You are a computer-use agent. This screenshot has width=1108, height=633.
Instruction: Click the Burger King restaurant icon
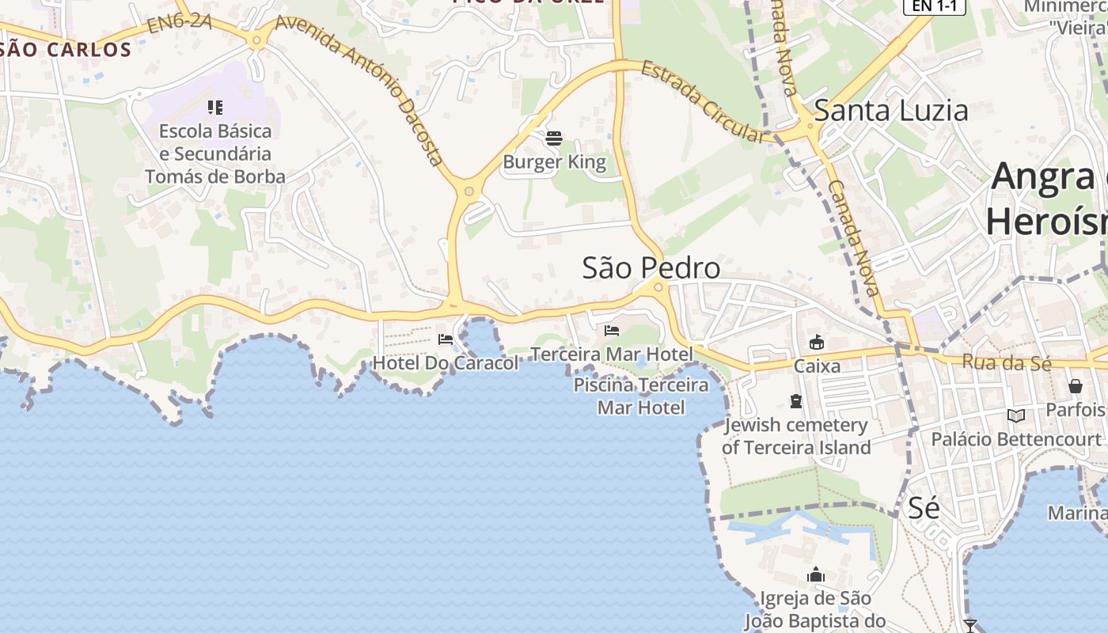(x=554, y=138)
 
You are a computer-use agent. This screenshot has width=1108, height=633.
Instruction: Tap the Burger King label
(x=554, y=162)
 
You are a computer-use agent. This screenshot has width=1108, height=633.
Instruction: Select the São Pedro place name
(x=651, y=268)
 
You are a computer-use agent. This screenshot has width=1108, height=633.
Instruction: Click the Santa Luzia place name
(x=891, y=111)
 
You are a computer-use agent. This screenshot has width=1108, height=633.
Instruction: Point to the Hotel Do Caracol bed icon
(x=446, y=339)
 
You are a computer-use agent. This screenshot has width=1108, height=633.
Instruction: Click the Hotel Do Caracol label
(x=445, y=363)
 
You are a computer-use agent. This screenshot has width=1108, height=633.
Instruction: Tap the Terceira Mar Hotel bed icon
(x=612, y=330)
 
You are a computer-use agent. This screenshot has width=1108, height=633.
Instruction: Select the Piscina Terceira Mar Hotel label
(x=641, y=396)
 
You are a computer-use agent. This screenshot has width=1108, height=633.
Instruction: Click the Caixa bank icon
(x=817, y=342)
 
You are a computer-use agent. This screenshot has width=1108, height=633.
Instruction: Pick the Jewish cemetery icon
(x=796, y=401)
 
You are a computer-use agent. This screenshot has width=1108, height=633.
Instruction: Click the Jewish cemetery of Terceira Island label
(x=796, y=436)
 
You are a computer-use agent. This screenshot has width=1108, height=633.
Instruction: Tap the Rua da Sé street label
(x=1007, y=362)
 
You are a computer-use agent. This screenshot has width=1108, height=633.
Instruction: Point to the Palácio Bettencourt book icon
(x=1016, y=415)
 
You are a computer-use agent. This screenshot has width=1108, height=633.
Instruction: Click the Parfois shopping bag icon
(x=1076, y=386)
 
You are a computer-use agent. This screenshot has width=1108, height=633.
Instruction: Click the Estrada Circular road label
(x=704, y=102)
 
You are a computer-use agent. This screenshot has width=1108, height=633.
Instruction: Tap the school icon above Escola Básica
(x=215, y=107)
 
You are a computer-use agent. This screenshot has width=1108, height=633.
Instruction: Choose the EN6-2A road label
(x=179, y=23)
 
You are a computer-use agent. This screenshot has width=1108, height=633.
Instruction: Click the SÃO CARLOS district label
(x=66, y=49)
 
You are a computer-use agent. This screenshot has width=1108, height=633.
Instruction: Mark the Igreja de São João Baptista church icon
(x=816, y=574)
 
